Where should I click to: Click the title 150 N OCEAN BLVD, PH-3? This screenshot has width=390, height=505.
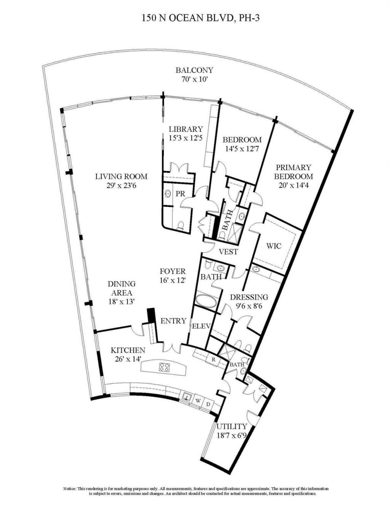point(195,18)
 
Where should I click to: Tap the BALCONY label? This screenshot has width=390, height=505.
point(194,70)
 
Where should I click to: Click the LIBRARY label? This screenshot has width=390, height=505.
point(186,129)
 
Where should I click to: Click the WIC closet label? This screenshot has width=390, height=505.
point(274,246)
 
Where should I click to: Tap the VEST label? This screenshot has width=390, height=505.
point(229,252)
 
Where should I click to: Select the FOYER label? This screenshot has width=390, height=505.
point(173,272)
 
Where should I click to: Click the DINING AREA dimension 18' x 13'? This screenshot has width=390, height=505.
point(121,302)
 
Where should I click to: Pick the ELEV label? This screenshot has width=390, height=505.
point(200,326)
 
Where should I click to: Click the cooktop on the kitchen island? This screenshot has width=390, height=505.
point(165,368)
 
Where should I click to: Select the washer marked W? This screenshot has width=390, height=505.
point(198,401)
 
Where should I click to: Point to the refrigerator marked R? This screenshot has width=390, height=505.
point(213,359)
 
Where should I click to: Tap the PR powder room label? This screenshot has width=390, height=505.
point(180,194)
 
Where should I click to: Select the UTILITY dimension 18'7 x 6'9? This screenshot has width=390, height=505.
point(232,435)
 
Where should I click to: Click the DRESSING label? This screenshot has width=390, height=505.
point(249,297)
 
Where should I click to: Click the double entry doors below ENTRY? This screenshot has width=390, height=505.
point(172,347)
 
